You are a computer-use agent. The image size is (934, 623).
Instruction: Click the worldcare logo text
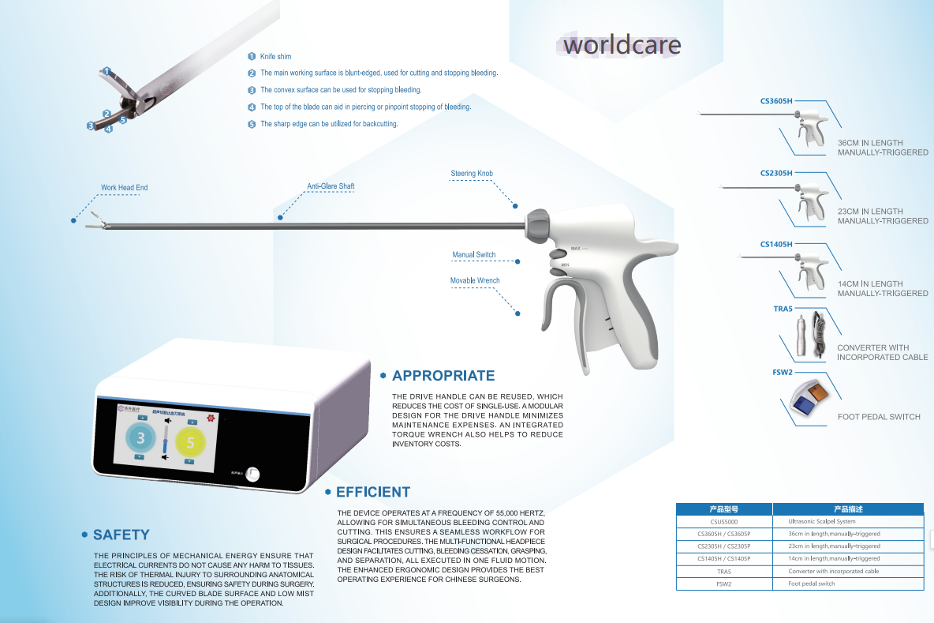622,44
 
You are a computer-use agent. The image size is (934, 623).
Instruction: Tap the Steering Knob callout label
472,174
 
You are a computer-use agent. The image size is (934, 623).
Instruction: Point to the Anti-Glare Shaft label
331,186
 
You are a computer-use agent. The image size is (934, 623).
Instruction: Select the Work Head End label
124,188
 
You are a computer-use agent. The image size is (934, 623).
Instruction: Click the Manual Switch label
473,255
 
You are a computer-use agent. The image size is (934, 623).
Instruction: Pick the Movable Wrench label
475,280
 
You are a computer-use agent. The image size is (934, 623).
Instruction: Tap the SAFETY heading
121,535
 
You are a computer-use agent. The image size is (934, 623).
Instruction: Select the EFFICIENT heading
373,492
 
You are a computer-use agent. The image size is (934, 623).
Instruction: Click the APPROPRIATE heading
443,376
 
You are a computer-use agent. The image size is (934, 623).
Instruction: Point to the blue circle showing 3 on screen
140,437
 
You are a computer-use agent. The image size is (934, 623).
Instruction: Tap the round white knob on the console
252,475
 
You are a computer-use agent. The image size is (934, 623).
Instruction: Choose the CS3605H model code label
776,100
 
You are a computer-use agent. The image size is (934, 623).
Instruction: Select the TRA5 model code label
783,310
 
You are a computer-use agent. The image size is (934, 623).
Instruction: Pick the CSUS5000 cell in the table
724,522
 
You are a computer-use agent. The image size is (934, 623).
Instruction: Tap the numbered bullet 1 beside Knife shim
252,57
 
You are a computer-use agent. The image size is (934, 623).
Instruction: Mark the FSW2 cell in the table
724,584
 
